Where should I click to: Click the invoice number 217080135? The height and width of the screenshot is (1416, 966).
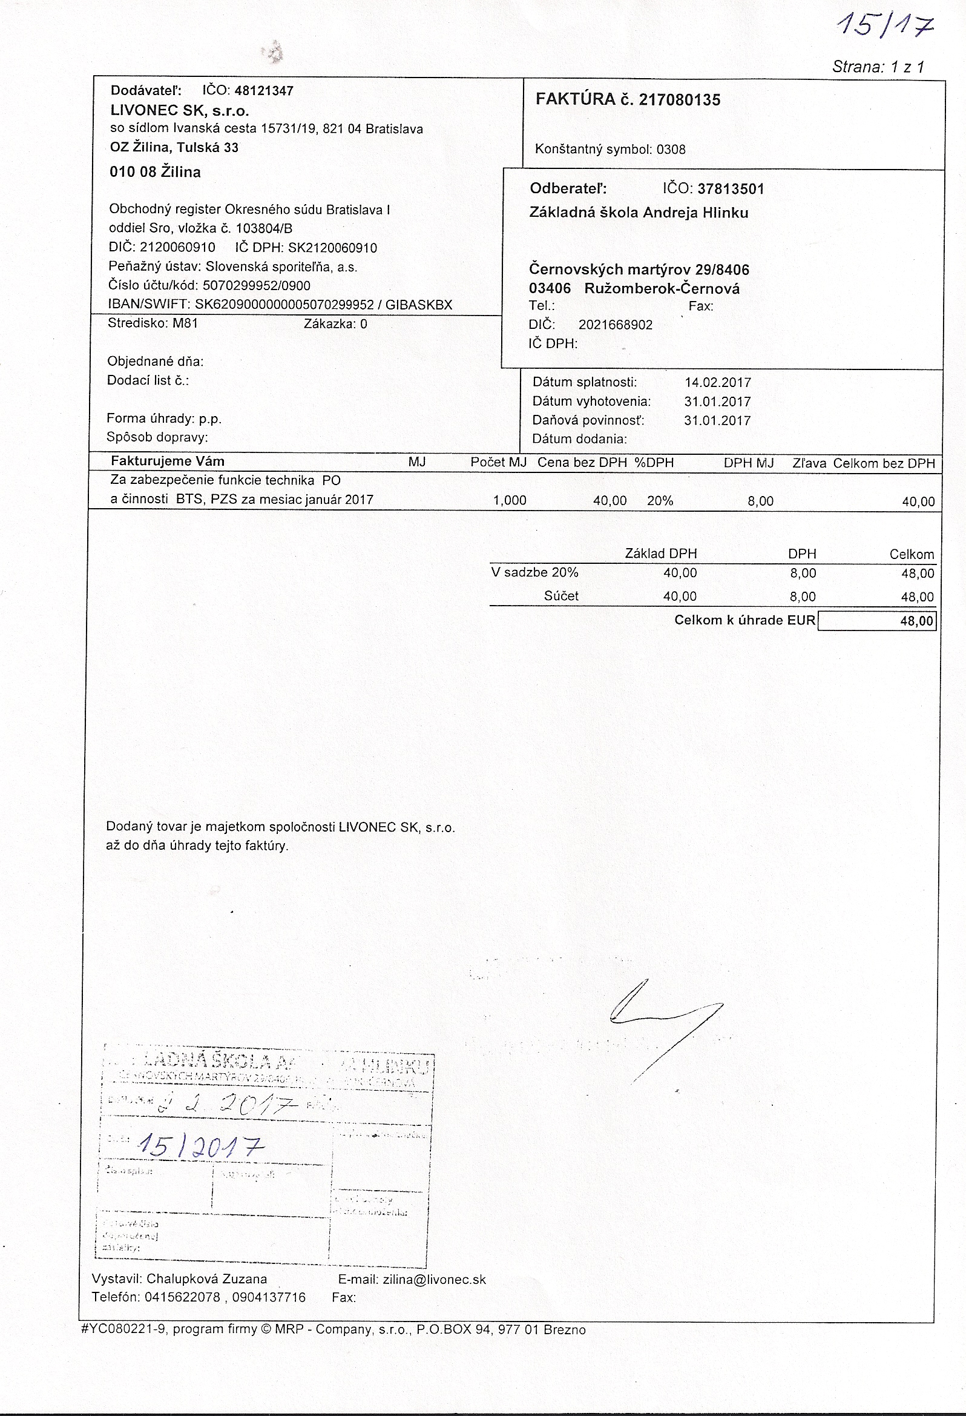(679, 100)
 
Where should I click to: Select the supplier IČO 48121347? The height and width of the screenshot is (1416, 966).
(264, 91)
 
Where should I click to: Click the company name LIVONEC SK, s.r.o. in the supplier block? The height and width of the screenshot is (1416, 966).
(180, 111)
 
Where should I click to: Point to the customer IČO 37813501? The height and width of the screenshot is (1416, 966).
(731, 189)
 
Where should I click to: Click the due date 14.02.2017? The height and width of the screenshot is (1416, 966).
(717, 383)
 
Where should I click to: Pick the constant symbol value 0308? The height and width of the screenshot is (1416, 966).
(671, 150)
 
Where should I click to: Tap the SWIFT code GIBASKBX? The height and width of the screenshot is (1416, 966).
(419, 305)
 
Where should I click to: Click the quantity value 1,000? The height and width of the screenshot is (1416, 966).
(510, 501)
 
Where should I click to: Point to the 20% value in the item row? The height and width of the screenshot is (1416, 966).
(660, 501)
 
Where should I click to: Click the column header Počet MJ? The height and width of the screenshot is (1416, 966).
(498, 463)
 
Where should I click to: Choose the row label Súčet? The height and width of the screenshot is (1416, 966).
(561, 596)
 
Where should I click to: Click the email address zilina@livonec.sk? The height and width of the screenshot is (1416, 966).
(433, 1280)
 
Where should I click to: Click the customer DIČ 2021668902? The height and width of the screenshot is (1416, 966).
(615, 325)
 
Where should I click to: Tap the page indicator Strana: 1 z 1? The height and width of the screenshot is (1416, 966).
(878, 67)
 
